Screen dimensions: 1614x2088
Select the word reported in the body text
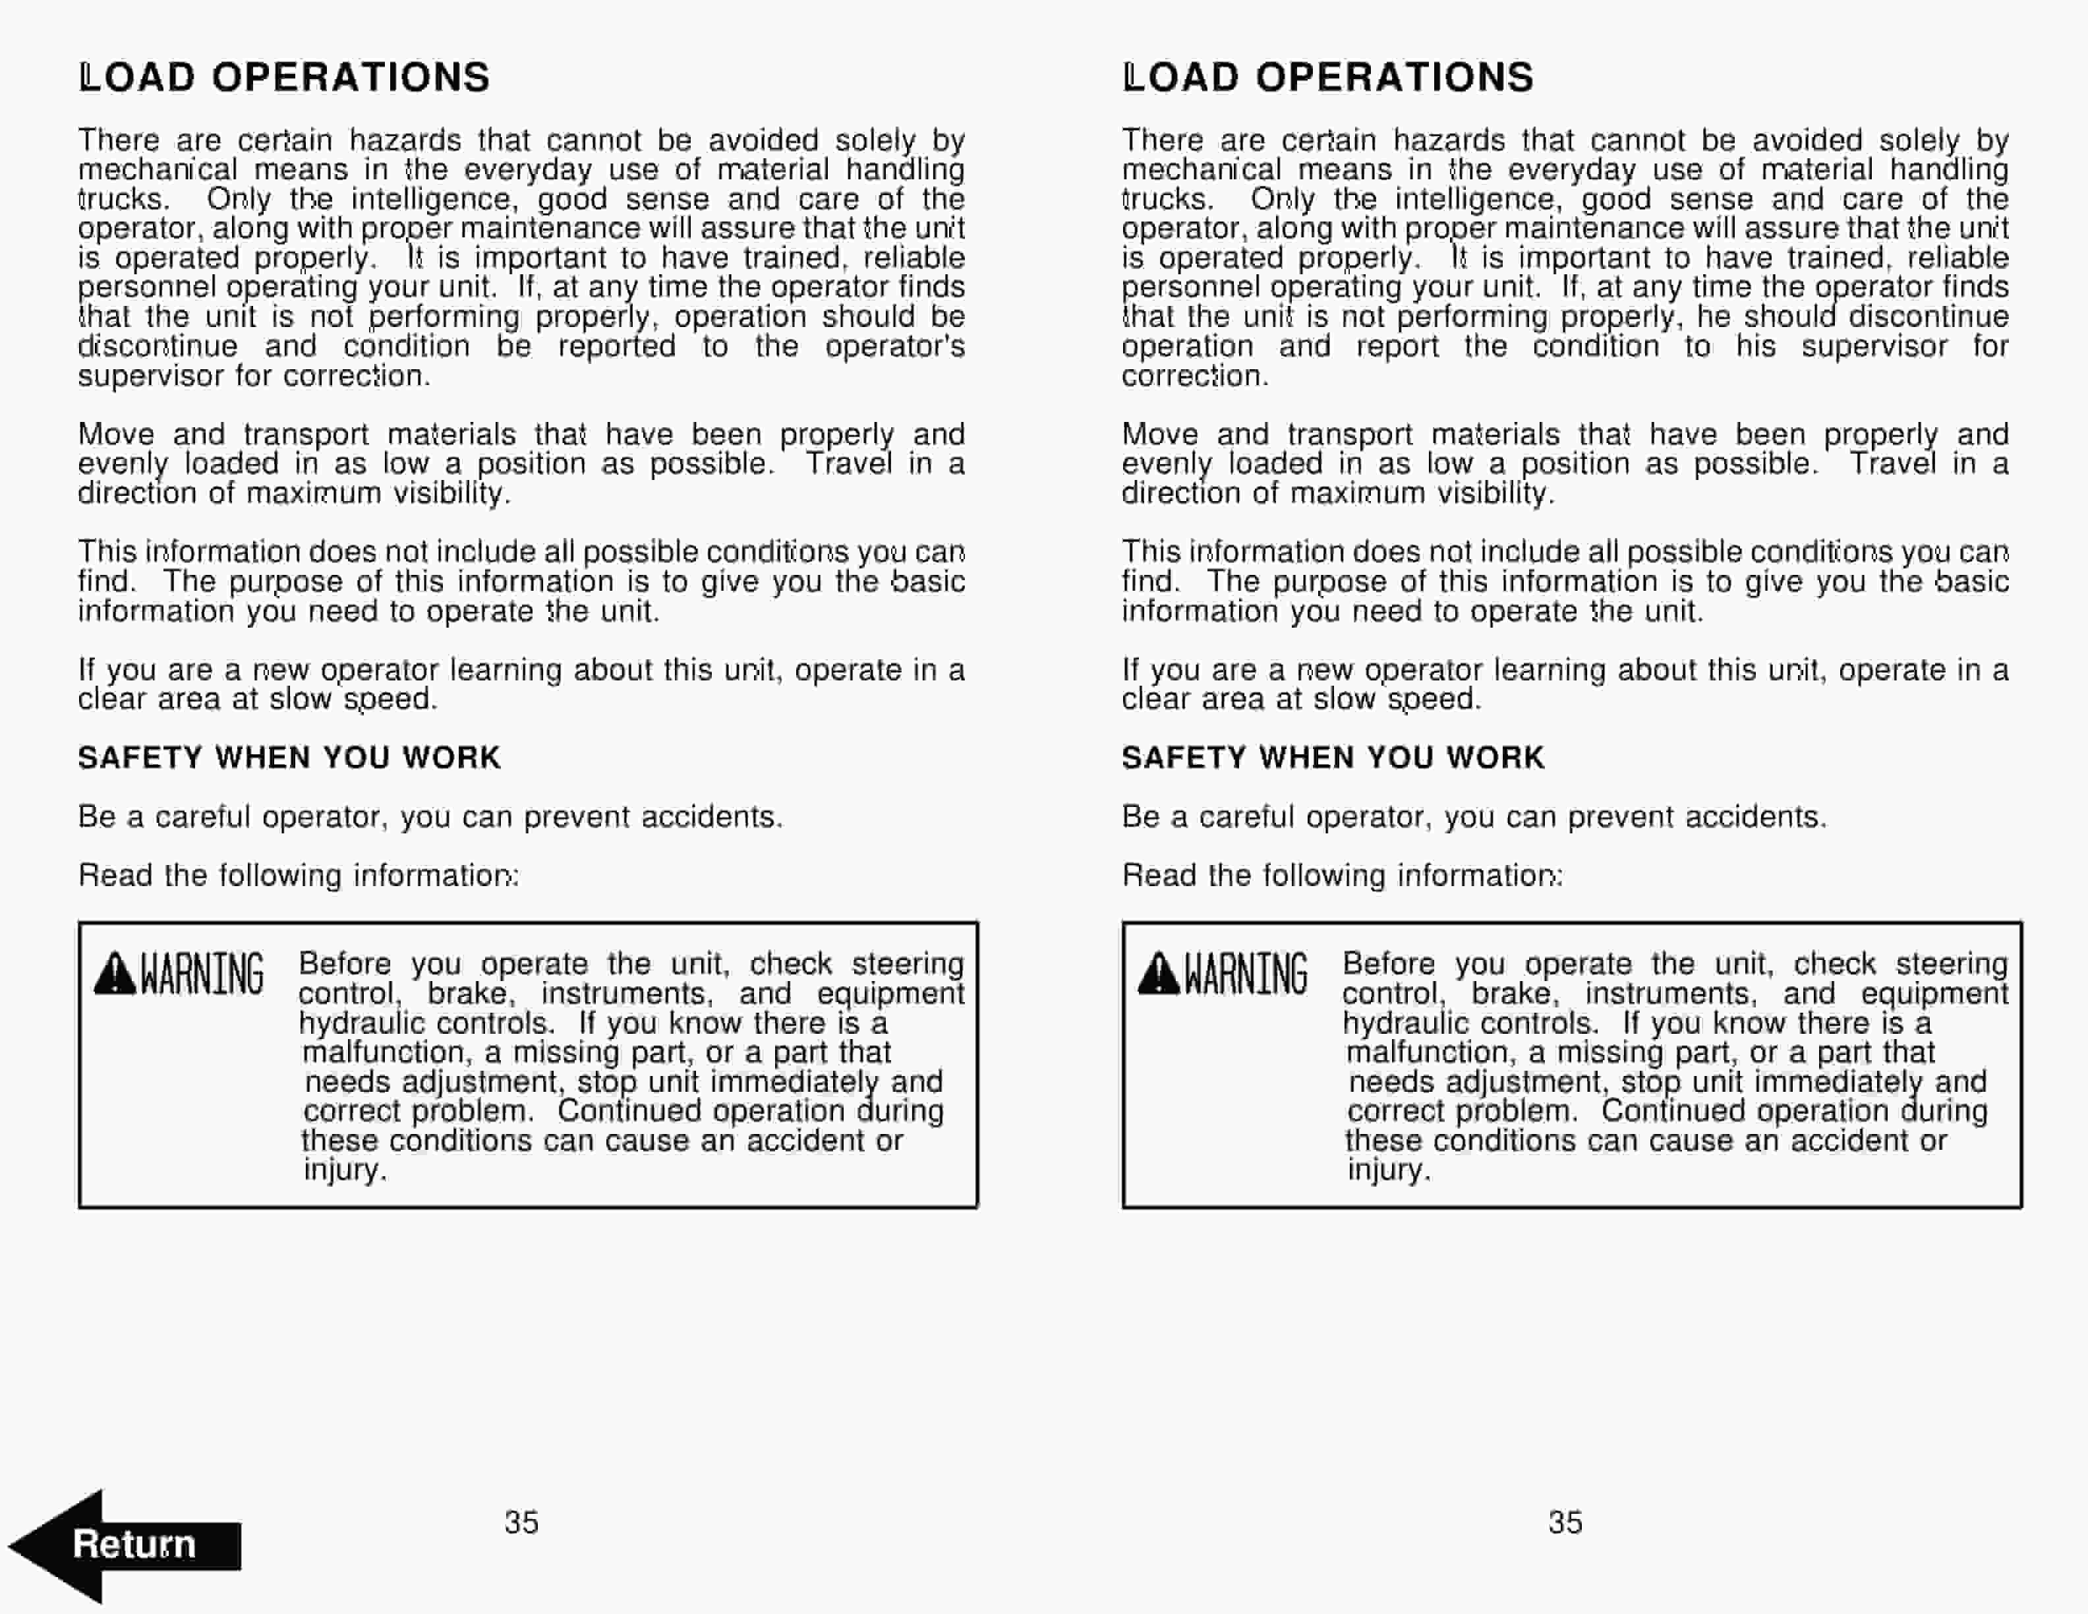617,346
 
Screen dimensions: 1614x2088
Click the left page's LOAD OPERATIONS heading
285,77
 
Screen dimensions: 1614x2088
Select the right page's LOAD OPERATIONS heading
1329,77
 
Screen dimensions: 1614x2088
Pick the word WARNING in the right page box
1246,974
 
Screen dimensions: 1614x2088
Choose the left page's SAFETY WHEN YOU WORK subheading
289,758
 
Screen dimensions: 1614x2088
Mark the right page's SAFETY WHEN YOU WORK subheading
1333,758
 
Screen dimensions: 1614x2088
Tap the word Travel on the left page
848,463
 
